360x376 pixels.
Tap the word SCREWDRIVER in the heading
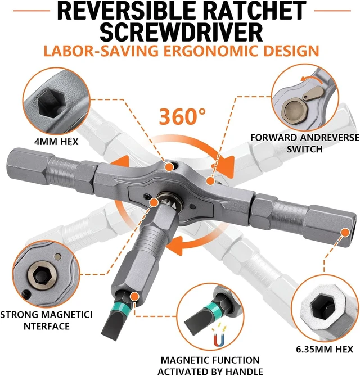coord(181,33)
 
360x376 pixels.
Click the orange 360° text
coord(182,116)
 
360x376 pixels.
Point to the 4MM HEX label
coord(56,142)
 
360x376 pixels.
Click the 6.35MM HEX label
coord(325,349)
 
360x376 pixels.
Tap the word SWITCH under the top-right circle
coord(304,149)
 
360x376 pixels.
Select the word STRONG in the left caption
coord(19,315)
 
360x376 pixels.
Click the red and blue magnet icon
coord(219,340)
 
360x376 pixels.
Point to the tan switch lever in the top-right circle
coord(313,93)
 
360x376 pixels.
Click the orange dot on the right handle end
coord(345,232)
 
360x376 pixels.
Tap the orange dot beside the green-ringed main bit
coord(135,296)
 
